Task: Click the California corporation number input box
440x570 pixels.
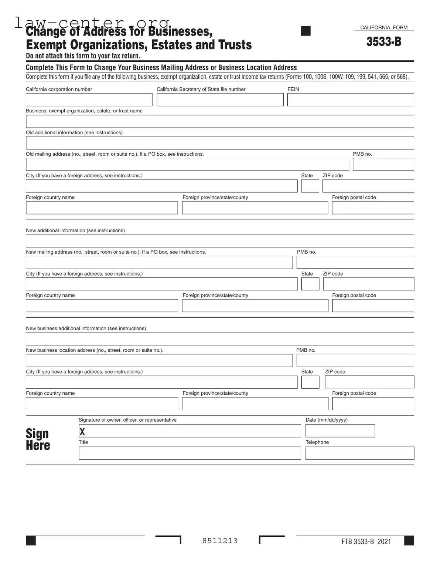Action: coord(89,100)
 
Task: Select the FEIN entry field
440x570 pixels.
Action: coord(350,100)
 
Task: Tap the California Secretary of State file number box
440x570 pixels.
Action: coord(220,100)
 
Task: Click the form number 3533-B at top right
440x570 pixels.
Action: coord(383,42)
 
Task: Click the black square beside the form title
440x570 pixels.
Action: coord(306,31)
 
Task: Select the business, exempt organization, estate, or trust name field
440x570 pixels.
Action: coord(220,121)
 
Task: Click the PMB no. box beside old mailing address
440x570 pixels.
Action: coord(383,165)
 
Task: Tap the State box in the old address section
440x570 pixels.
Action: coord(310,186)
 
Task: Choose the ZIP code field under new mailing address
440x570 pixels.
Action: coord(368,284)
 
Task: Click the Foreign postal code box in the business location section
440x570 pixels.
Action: coord(373,404)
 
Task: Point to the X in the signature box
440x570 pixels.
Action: coord(82,432)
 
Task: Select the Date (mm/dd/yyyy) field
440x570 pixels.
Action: coord(340,431)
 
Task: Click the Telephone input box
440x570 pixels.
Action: coord(359,453)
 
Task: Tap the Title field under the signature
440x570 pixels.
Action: coord(190,453)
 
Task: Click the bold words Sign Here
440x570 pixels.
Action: coord(37,439)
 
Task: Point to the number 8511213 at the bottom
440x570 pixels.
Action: coord(220,541)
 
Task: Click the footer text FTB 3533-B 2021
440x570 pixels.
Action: coord(366,542)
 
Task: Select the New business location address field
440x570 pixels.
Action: coord(159,361)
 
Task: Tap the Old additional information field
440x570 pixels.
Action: coord(220,143)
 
